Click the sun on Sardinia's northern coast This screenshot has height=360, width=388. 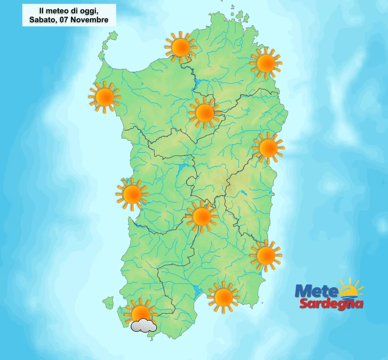tap(181, 47)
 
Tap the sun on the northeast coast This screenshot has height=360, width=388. tap(266, 63)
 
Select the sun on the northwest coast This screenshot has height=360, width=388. tap(105, 97)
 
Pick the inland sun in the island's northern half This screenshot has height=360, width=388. tap(205, 113)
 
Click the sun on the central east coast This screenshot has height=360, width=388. tap(268, 148)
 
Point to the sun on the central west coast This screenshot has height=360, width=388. tap(132, 194)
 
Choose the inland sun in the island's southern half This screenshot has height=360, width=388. tap(201, 217)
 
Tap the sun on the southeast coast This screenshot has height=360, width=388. tap(266, 255)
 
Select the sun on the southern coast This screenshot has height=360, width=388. tap(223, 297)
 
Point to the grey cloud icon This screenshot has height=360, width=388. tap(143, 325)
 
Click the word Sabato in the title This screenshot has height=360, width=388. tap(42, 20)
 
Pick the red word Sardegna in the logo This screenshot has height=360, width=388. tap(330, 304)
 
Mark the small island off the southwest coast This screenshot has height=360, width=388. tap(108, 302)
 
